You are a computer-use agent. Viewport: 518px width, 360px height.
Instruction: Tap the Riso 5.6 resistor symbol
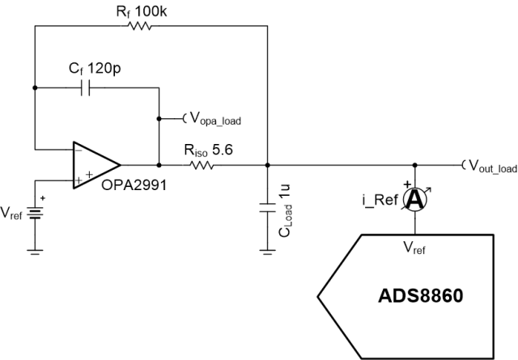[x=199, y=165]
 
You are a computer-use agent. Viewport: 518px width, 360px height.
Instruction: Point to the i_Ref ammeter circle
[x=414, y=201]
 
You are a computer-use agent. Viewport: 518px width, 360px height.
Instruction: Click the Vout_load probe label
[x=490, y=167]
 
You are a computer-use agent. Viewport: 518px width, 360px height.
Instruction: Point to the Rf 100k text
[x=134, y=10]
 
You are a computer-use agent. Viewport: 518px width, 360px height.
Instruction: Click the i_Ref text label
[x=376, y=200]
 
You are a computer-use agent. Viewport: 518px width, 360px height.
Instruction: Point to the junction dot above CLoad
[x=268, y=165]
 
